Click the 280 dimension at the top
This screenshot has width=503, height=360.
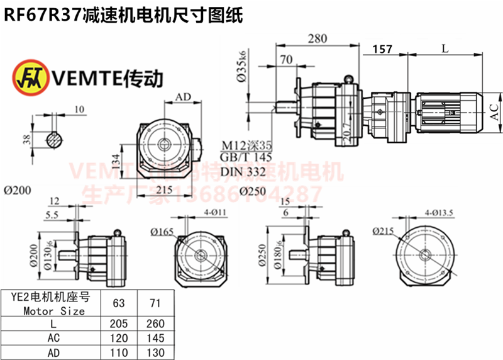coord(318,38)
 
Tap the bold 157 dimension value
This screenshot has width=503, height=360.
coord(382,48)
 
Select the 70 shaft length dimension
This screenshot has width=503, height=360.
coord(287,60)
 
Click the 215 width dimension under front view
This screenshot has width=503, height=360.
coord(164,189)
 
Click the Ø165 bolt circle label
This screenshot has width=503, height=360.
coord(162,231)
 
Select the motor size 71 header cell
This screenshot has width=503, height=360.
coord(155,303)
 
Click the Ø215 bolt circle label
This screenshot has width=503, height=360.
coord(382,231)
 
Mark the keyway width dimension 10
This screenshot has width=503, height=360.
coord(79,110)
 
